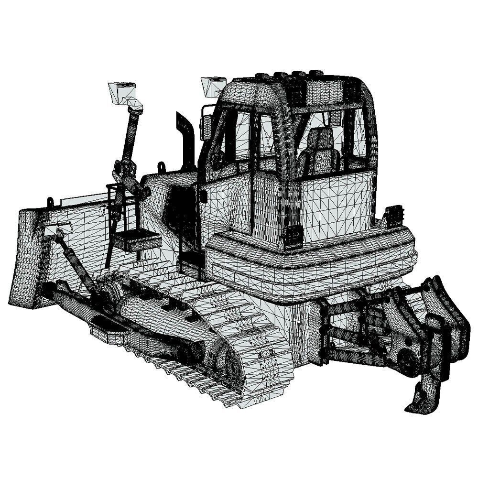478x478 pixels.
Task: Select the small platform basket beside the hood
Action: tap(136, 239)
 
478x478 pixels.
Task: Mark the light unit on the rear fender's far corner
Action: tap(394, 215)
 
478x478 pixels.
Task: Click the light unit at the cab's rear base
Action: tap(293, 236)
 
